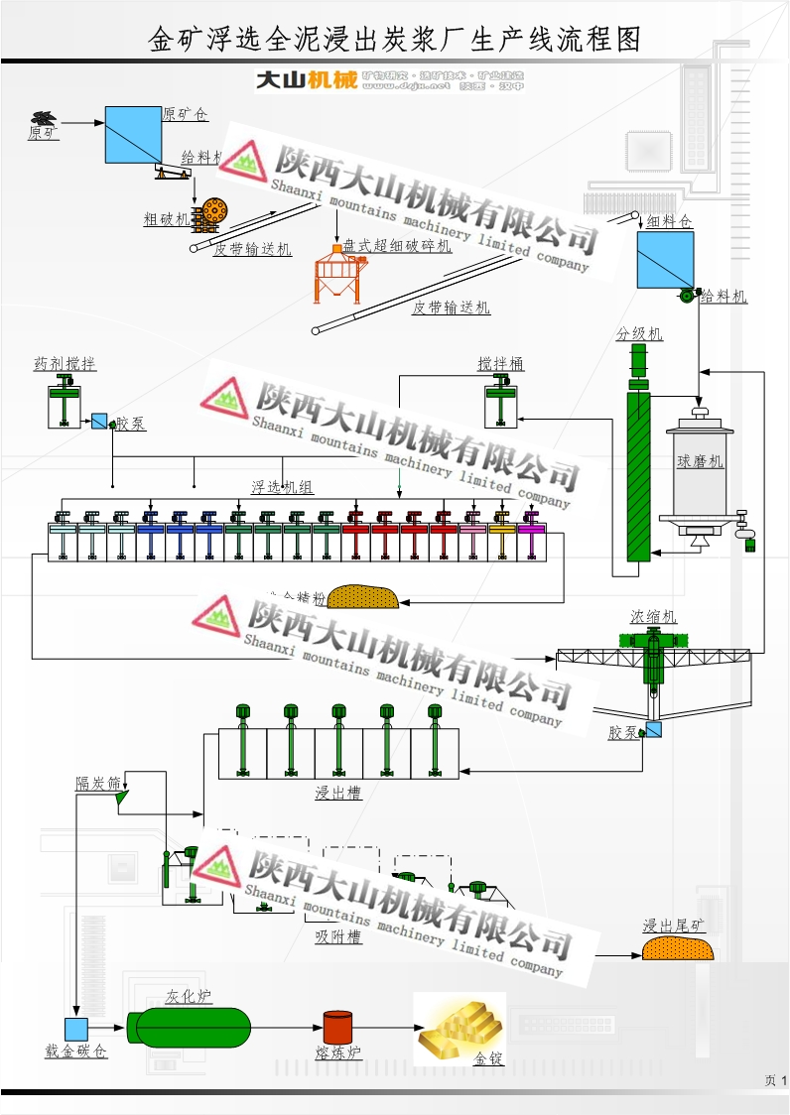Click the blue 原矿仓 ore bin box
tap(133, 135)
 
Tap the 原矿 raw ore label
tap(43, 132)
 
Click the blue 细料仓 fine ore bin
tap(665, 259)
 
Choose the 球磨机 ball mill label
tap(701, 462)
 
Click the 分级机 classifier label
tap(639, 334)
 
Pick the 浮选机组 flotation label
tap(282, 487)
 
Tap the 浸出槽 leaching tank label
tap(338, 793)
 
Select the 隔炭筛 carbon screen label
tap(98, 783)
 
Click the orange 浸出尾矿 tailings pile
tap(679, 948)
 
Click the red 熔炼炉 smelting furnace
tap(337, 1028)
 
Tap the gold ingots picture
tap(459, 1029)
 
